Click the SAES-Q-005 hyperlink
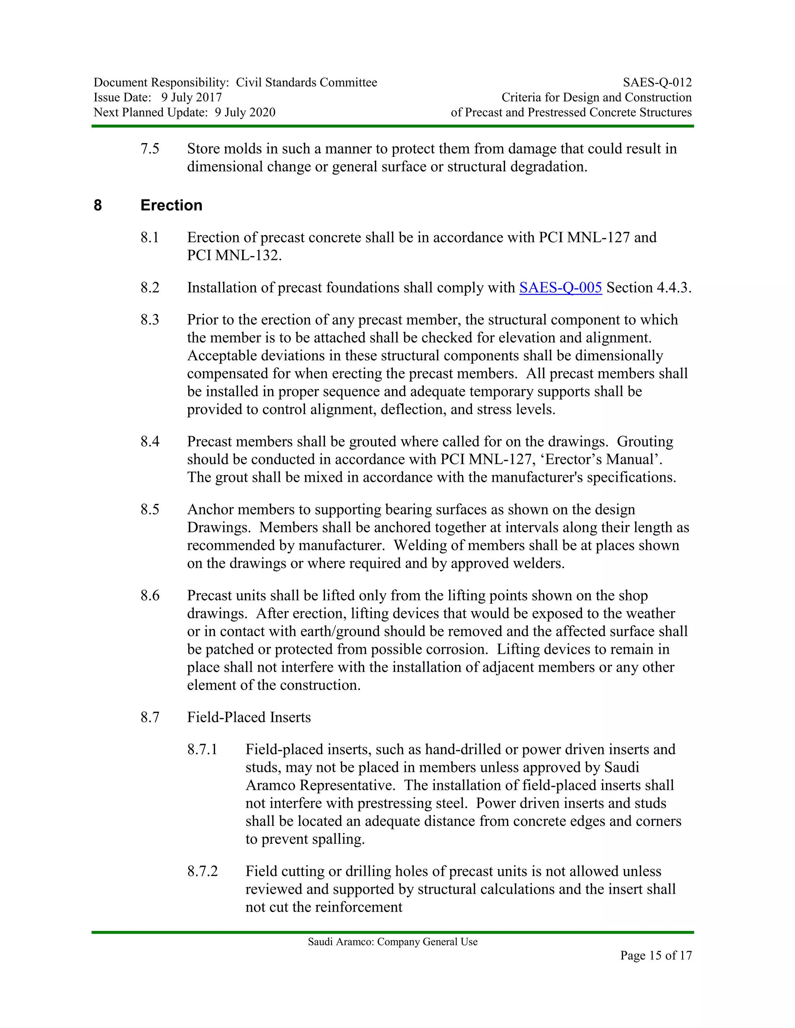click(x=561, y=287)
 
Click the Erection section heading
click(x=172, y=205)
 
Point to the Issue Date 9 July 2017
click(x=191, y=97)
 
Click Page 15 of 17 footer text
click(x=656, y=955)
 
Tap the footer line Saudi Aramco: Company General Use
click(x=393, y=941)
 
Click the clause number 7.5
click(x=150, y=149)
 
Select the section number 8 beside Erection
click(x=98, y=205)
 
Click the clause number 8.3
click(x=150, y=320)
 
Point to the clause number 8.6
click(x=150, y=595)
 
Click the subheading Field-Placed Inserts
click(x=249, y=717)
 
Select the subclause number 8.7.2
click(x=203, y=871)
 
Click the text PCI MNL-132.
click(x=234, y=255)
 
